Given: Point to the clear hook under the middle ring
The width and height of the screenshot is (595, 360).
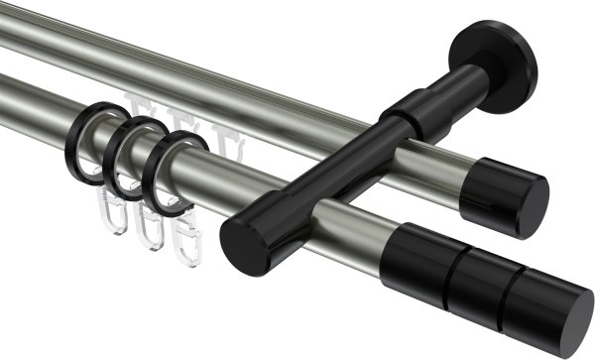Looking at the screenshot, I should pyautogui.click(x=149, y=226).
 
